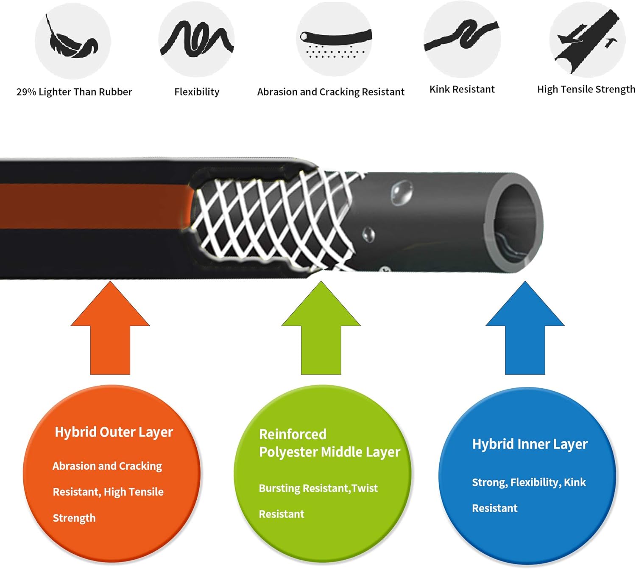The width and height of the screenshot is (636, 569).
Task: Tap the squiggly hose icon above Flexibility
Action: coord(196,40)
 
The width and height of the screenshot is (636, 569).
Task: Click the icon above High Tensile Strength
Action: coord(587,40)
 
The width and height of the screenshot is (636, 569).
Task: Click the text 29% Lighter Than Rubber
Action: coord(74,92)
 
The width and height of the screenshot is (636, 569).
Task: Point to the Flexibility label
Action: coord(197,92)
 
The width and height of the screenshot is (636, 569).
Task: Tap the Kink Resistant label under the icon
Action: coord(462,90)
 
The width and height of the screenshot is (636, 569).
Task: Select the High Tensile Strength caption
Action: coord(586,90)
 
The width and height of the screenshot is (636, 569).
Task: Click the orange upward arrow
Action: coord(110,331)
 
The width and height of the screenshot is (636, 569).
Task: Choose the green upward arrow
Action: coord(321,331)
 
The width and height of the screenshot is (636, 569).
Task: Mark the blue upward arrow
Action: coord(525,331)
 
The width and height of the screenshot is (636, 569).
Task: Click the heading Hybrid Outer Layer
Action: coord(114,432)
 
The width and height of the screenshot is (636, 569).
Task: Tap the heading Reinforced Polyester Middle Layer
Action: coord(329,443)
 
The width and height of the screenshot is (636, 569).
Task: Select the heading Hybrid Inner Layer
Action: coord(530,444)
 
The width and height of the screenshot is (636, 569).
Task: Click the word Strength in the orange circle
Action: coord(74,518)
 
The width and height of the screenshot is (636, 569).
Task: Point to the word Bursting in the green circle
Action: coord(279,488)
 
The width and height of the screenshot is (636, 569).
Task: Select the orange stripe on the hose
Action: coord(93,206)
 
